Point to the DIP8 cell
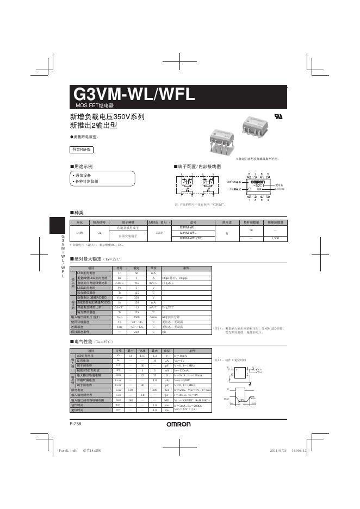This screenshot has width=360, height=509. [80, 233]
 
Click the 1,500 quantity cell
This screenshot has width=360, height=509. [275, 238]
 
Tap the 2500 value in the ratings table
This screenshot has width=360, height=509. [137, 317]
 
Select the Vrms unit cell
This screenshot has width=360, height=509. [153, 317]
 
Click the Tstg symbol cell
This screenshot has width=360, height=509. [120, 327]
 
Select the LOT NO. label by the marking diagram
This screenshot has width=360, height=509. [280, 188]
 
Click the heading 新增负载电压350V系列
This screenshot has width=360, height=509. [108, 117]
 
